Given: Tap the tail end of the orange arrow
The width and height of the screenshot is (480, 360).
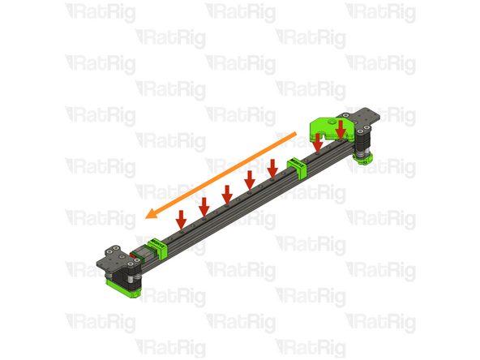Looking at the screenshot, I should (296, 131).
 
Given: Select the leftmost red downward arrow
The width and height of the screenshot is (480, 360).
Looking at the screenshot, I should (181, 217).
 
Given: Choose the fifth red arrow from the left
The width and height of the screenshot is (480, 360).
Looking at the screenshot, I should (272, 165).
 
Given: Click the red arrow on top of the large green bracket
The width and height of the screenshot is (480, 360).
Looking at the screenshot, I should (341, 129).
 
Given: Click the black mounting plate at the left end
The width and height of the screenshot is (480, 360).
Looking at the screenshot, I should (114, 260).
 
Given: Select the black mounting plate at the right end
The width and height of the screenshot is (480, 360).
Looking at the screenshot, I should (367, 118).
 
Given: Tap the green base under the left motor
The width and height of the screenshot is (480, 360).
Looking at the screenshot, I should (122, 287).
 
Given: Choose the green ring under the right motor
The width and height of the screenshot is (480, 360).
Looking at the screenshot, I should (364, 159).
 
